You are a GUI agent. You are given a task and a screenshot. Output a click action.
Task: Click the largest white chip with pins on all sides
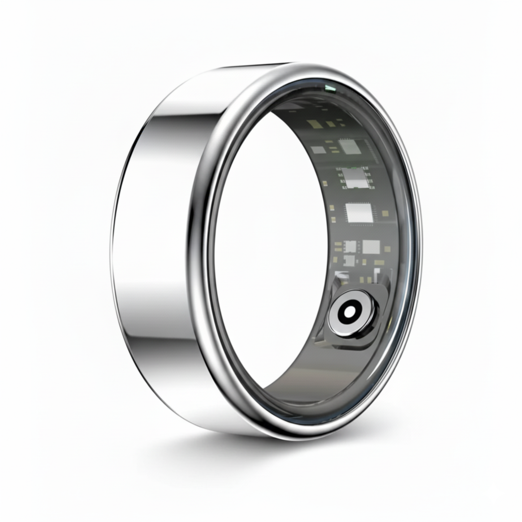tap(356, 213)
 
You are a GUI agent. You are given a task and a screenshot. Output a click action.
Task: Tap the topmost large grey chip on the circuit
tap(349, 147)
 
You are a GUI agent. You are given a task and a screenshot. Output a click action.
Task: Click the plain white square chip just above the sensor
tap(370, 247)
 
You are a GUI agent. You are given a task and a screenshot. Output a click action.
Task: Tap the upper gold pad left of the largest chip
tap(332, 207)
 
